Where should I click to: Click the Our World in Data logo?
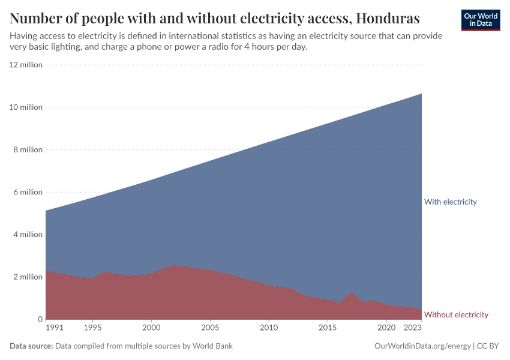[481, 20]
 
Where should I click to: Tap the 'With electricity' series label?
[450, 202]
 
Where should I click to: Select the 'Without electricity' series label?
[456, 314]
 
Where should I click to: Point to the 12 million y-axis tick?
[26, 65]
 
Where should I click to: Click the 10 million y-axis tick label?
[26, 107]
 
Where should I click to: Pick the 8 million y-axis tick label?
[28, 150]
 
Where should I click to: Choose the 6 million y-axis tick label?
[28, 192]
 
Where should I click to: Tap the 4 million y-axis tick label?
[28, 235]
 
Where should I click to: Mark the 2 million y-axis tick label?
[28, 277]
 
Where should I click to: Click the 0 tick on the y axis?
[40, 319]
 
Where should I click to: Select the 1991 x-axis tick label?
[54, 328]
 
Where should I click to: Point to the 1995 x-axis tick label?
[92, 328]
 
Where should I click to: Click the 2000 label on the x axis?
[151, 328]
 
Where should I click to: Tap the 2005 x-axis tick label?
[210, 328]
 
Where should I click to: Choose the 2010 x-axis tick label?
[269, 328]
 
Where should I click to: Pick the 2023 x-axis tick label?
[413, 328]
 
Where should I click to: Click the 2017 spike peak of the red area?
[351, 293]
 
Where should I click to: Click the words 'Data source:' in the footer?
[31, 346]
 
